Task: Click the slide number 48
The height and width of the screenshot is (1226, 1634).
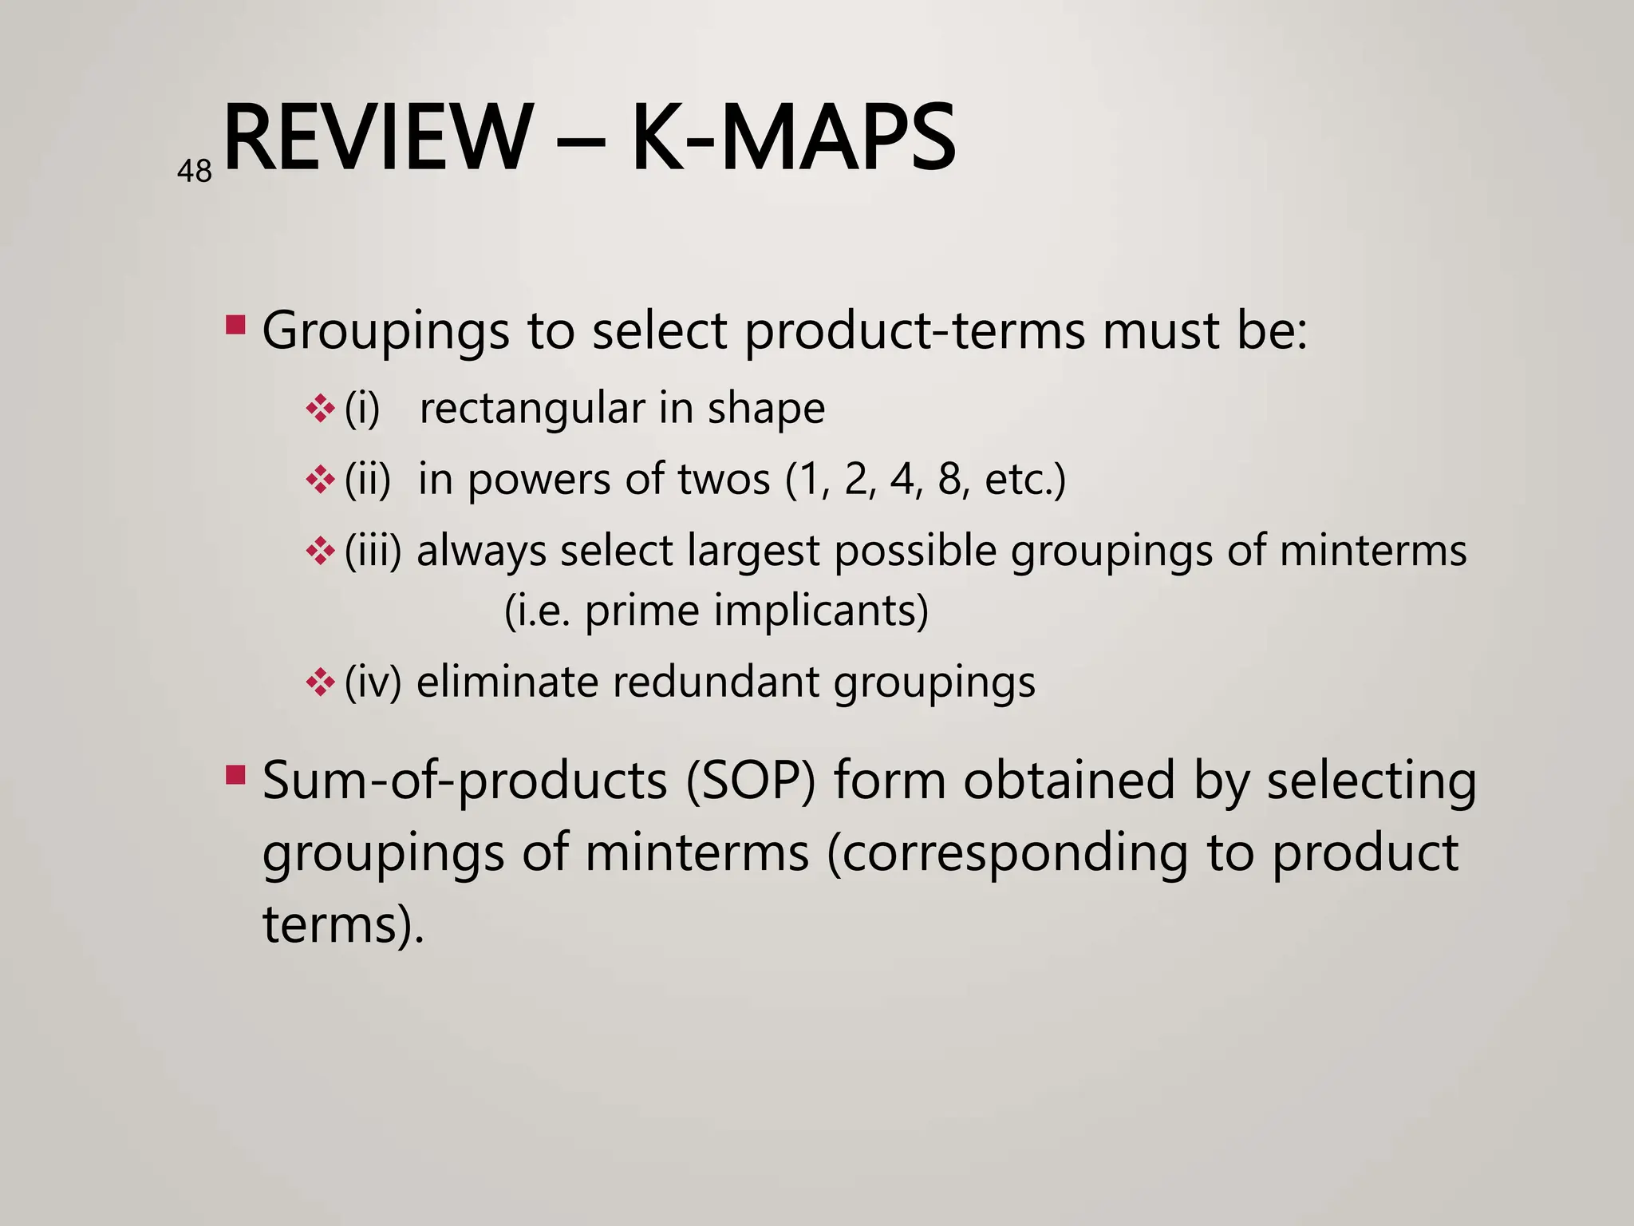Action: [x=195, y=172]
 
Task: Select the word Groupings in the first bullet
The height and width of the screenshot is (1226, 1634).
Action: [x=385, y=332]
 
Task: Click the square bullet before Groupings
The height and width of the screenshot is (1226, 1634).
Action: [x=235, y=325]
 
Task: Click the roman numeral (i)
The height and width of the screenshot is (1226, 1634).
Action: [x=362, y=409]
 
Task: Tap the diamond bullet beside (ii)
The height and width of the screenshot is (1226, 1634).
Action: [x=320, y=479]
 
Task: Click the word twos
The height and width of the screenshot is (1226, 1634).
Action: [x=724, y=480]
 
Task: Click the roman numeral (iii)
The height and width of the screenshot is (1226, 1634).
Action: [x=373, y=551]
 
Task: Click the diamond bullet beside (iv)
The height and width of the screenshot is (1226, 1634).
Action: [x=320, y=682]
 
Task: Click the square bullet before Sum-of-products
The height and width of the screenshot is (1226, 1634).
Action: [x=235, y=775]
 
